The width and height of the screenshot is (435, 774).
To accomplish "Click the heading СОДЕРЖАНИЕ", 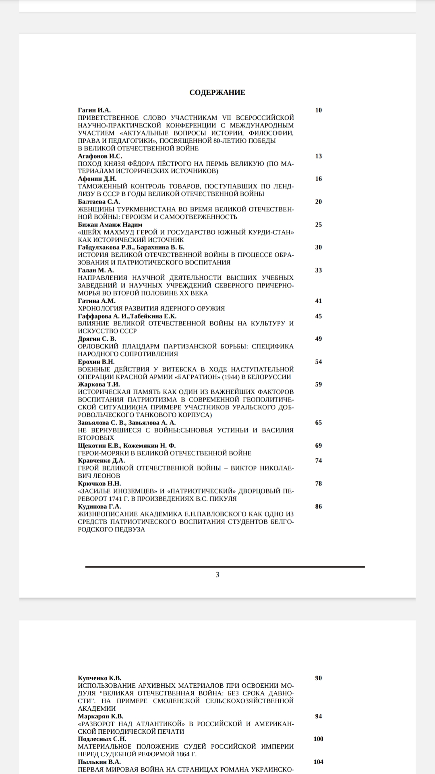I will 217,92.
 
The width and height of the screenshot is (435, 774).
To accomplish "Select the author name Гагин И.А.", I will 94,110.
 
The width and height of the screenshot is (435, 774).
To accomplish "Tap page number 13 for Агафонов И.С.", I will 319,156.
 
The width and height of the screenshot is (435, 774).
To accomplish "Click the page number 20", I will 319,202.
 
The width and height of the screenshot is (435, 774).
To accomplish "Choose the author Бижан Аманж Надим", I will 110,225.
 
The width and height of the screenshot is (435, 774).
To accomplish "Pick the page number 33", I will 319,270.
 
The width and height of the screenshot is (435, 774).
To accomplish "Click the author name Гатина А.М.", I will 97,301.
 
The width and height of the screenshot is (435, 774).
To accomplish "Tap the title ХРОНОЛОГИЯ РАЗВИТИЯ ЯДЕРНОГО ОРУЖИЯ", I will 151,308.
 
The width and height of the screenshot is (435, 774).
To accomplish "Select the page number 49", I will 319,339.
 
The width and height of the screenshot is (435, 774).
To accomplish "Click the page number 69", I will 319,445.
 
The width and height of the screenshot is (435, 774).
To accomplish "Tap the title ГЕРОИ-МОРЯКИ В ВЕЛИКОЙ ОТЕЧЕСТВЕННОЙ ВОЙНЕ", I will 164,453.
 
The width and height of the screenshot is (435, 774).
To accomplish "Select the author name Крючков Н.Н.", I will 99,483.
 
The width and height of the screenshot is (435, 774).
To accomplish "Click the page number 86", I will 319,506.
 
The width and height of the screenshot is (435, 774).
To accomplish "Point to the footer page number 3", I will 217,574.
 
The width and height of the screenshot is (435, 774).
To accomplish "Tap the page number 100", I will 319,739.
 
